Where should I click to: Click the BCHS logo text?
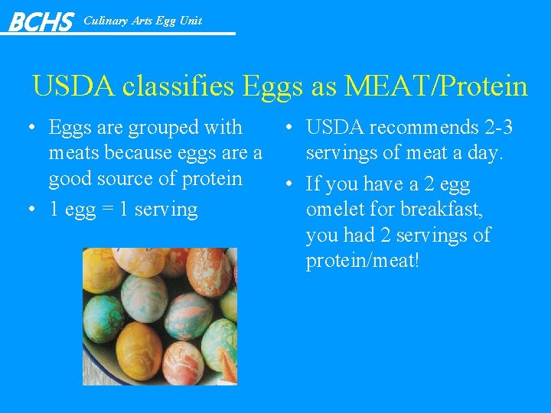point(40,21)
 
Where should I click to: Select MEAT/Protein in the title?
point(436,86)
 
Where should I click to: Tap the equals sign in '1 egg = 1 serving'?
point(123,210)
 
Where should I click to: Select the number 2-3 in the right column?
point(495,128)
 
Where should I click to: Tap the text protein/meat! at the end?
point(362,262)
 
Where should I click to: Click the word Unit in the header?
point(191,21)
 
